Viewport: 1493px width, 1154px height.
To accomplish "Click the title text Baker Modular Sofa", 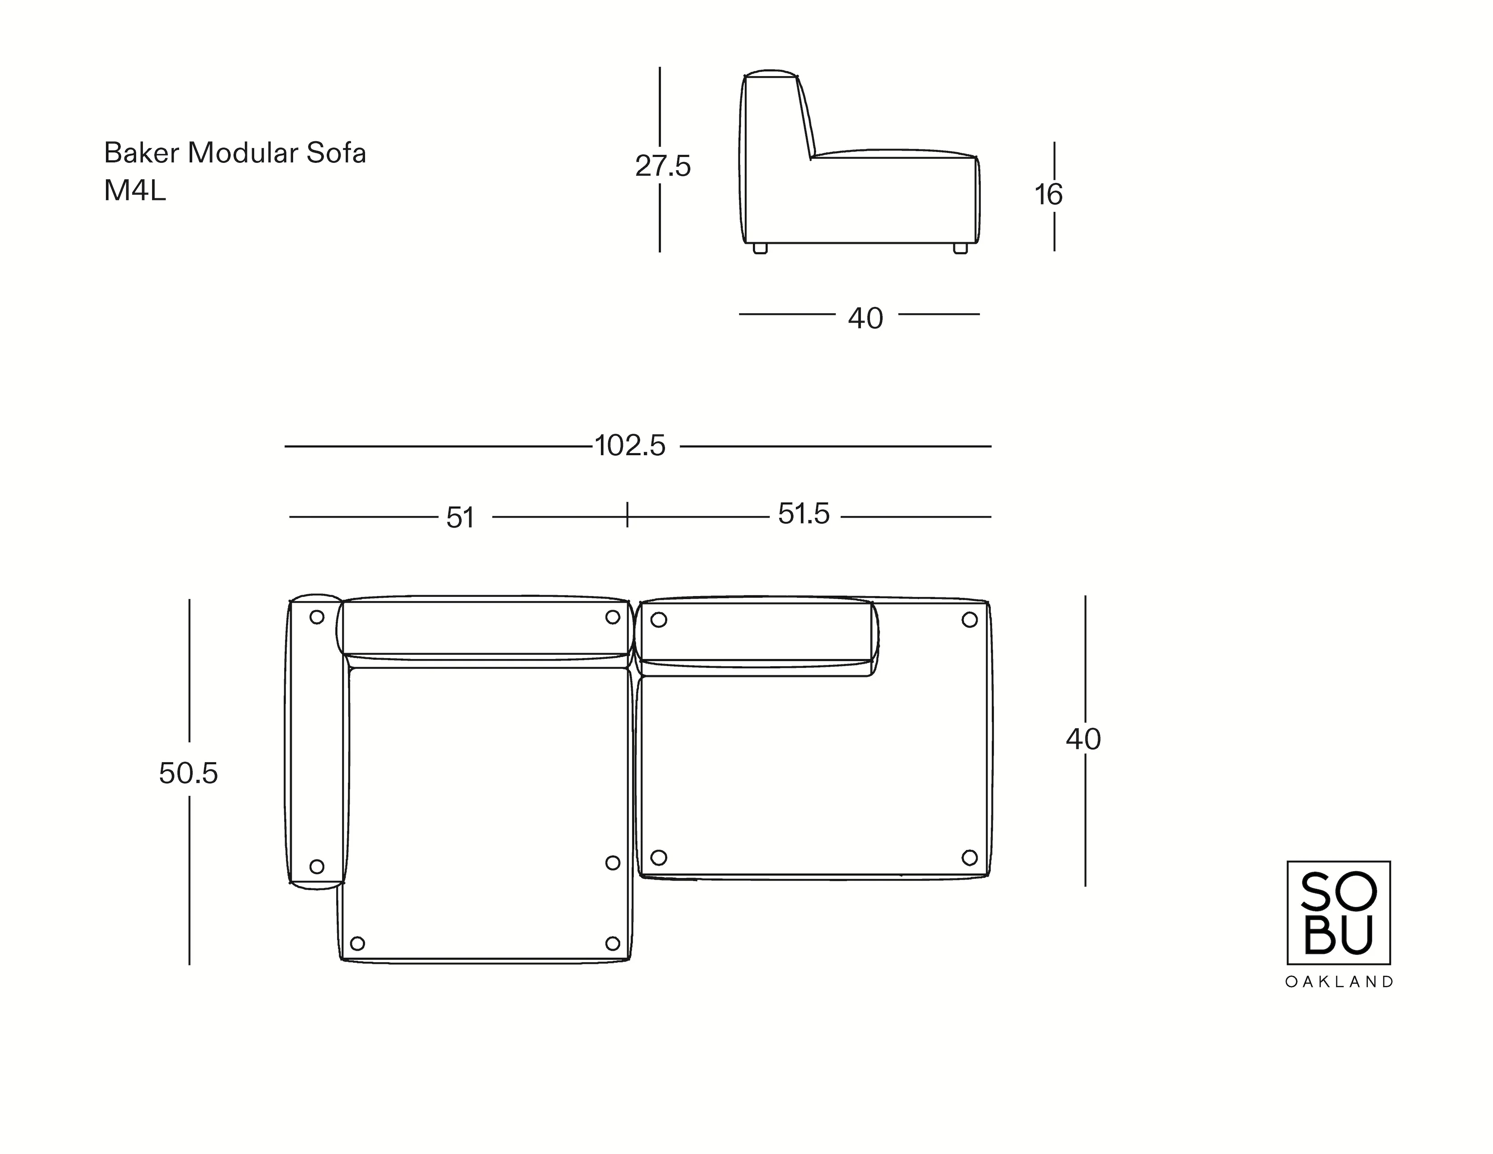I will pyautogui.click(x=234, y=153).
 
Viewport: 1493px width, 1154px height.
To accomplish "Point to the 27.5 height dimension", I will pyautogui.click(x=662, y=166).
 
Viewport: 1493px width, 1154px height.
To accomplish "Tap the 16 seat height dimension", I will pyautogui.click(x=1048, y=195).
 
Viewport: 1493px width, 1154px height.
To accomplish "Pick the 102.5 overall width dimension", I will pyautogui.click(x=630, y=446).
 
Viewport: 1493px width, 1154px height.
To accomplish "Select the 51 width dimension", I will pyautogui.click(x=460, y=518).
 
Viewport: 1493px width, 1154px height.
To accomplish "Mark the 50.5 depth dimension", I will pyautogui.click(x=188, y=774).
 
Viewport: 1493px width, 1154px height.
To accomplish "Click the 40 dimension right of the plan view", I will pyautogui.click(x=1083, y=739).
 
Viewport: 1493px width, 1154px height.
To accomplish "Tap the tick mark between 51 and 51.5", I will pyautogui.click(x=627, y=514).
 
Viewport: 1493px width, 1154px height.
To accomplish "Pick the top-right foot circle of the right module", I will pyautogui.click(x=970, y=620).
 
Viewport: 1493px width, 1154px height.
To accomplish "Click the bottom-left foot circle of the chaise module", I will pyautogui.click(x=357, y=944).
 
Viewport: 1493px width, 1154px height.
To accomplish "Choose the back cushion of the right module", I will pyautogui.click(x=756, y=632).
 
